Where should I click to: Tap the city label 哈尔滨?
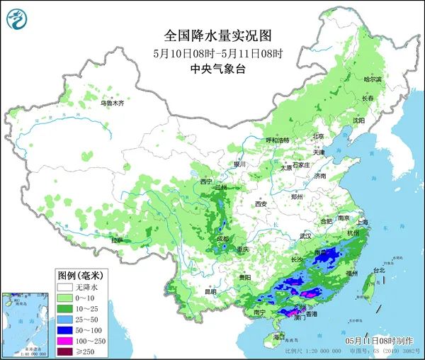(363, 79)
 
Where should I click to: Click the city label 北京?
(318, 136)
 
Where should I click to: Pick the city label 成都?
(223, 239)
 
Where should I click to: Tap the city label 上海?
(363, 221)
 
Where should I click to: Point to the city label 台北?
(378, 270)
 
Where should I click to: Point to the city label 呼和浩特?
(273, 140)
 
